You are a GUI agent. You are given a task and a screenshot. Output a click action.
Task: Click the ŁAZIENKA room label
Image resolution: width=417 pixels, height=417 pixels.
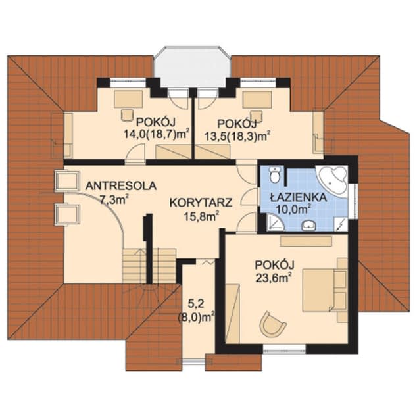tap(298, 197)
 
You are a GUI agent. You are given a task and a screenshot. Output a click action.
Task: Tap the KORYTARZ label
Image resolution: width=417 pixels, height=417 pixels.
tap(201, 203)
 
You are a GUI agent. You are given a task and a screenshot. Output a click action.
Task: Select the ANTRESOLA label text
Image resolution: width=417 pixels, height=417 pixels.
tap(121, 186)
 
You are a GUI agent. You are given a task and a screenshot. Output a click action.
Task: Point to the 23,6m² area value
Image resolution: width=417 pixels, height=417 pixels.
tap(272, 278)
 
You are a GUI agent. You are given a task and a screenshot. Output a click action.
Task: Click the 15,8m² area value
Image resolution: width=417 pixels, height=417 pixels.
tap(201, 217)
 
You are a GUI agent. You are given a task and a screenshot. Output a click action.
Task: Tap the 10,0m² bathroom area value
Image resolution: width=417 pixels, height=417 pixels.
tap(295, 210)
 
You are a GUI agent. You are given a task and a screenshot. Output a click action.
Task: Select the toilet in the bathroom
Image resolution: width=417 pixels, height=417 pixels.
tap(274, 174)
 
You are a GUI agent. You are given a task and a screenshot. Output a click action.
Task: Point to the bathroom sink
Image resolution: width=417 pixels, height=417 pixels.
tap(308, 225)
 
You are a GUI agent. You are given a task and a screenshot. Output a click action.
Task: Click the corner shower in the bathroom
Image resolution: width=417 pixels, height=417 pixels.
tap(275, 223)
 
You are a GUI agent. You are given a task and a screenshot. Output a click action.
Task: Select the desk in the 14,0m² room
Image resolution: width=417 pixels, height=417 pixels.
tap(128, 99)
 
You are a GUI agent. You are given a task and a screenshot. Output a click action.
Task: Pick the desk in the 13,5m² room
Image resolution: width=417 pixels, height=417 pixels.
tap(257, 99)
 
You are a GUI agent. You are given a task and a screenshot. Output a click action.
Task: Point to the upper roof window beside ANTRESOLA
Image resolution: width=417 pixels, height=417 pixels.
tap(67, 181)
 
